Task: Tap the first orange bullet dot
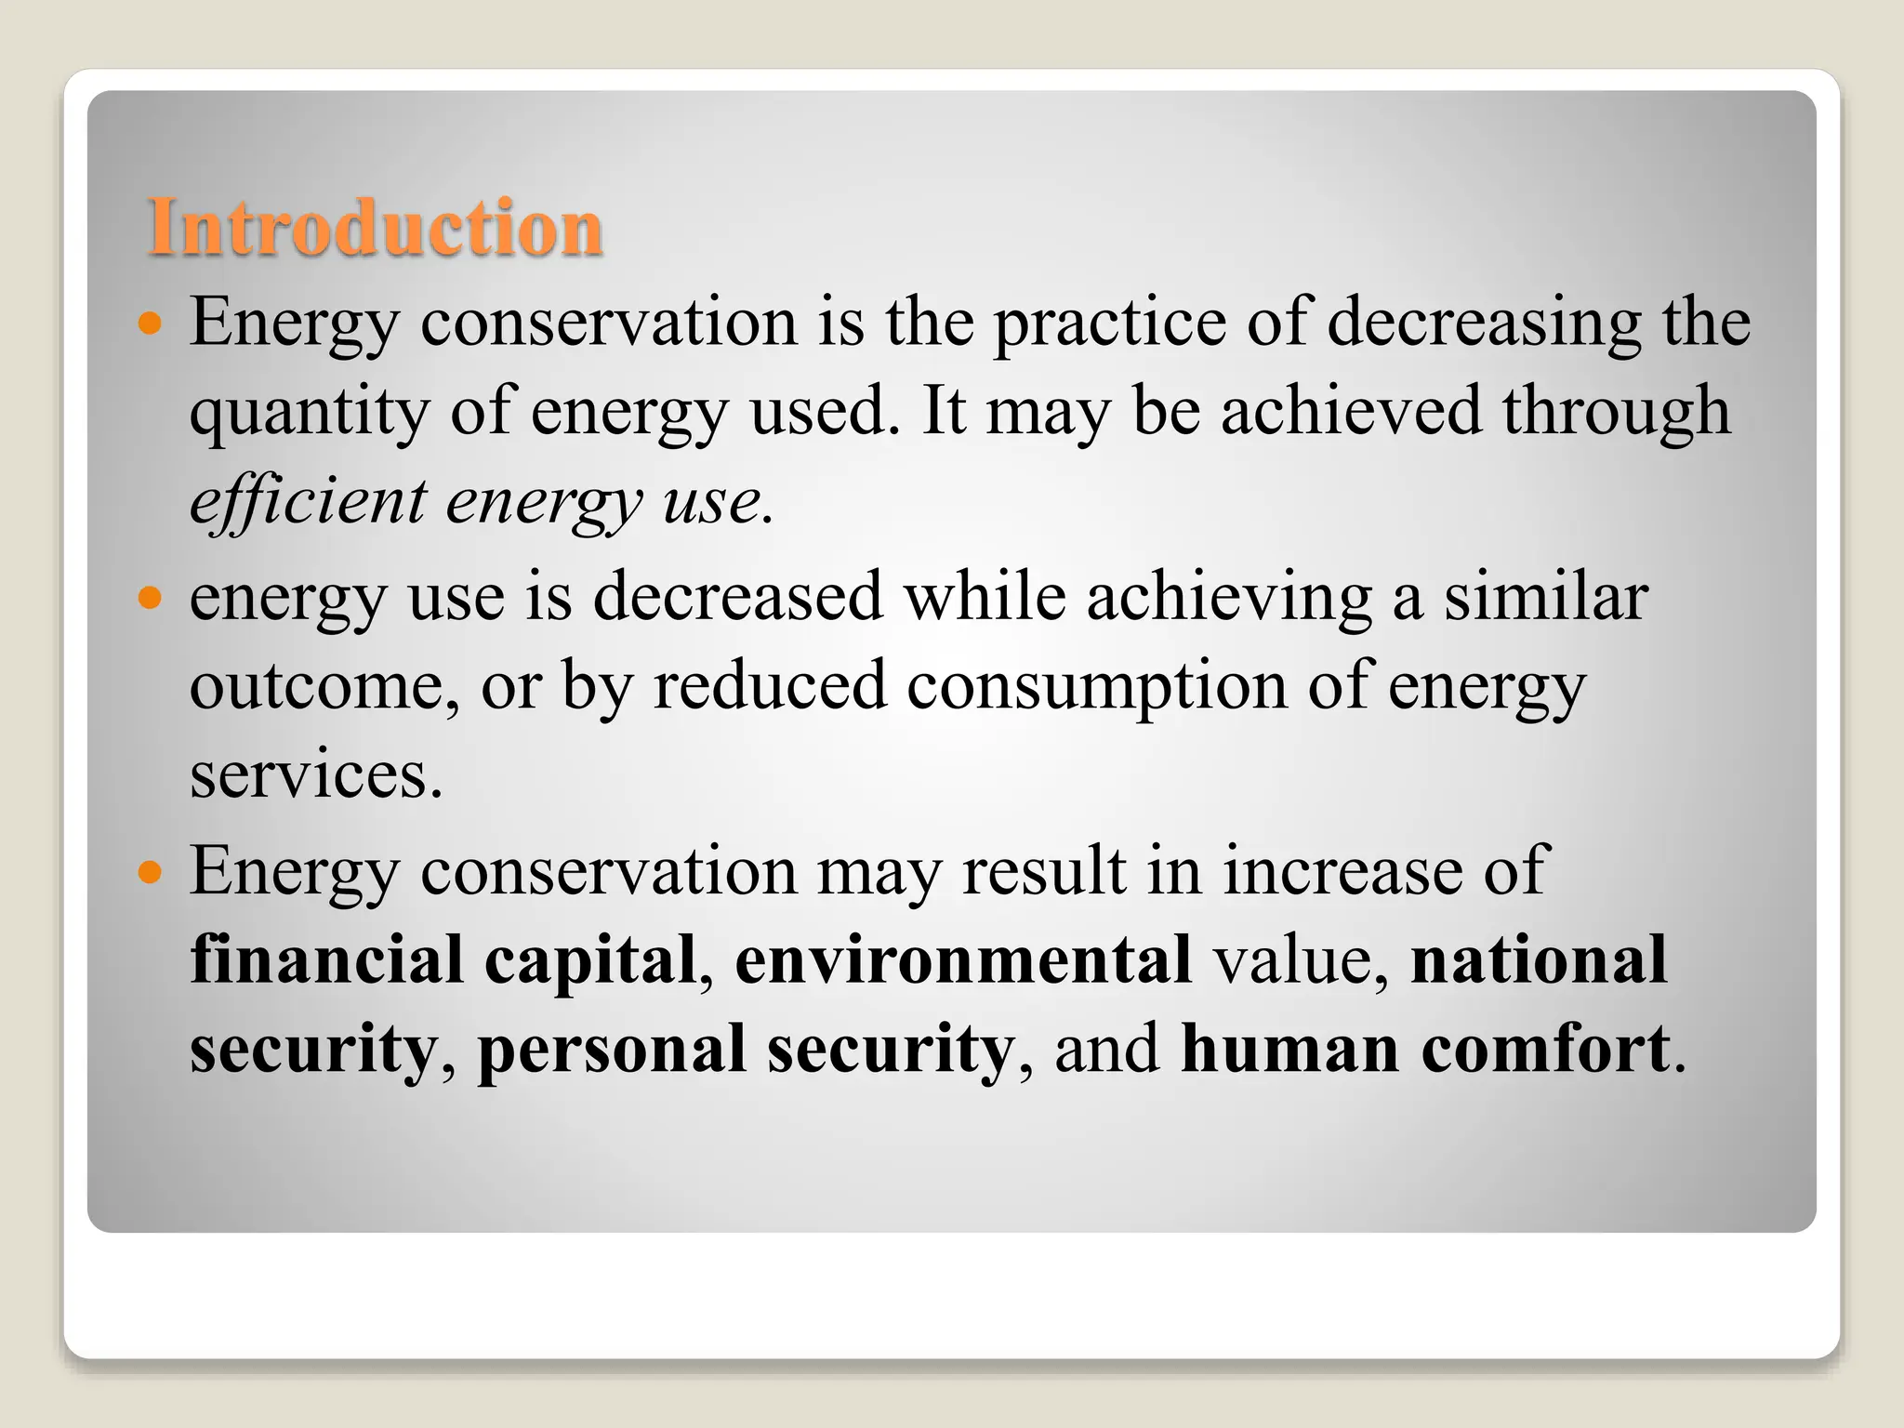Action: [150, 324]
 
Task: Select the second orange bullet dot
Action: [150, 597]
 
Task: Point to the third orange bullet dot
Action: [150, 872]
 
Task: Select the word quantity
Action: [309, 412]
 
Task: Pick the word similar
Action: [1545, 597]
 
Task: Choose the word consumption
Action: [1097, 686]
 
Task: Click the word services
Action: [316, 775]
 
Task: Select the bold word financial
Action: [326, 959]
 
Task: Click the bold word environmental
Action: [963, 959]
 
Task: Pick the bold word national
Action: [1539, 959]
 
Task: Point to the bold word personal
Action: [612, 1049]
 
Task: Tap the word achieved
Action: [1350, 412]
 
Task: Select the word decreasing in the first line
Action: [1484, 323]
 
